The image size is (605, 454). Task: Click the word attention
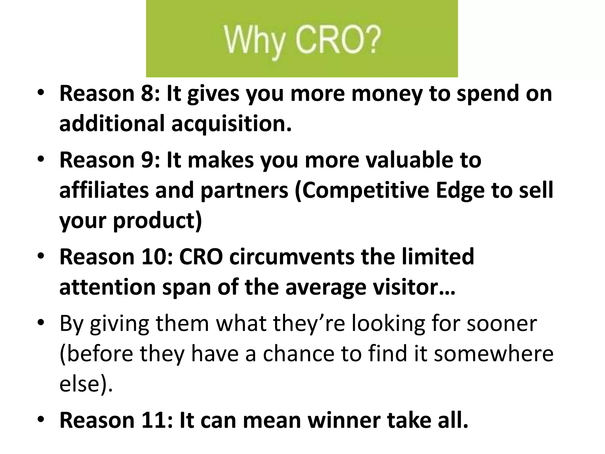click(107, 287)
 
